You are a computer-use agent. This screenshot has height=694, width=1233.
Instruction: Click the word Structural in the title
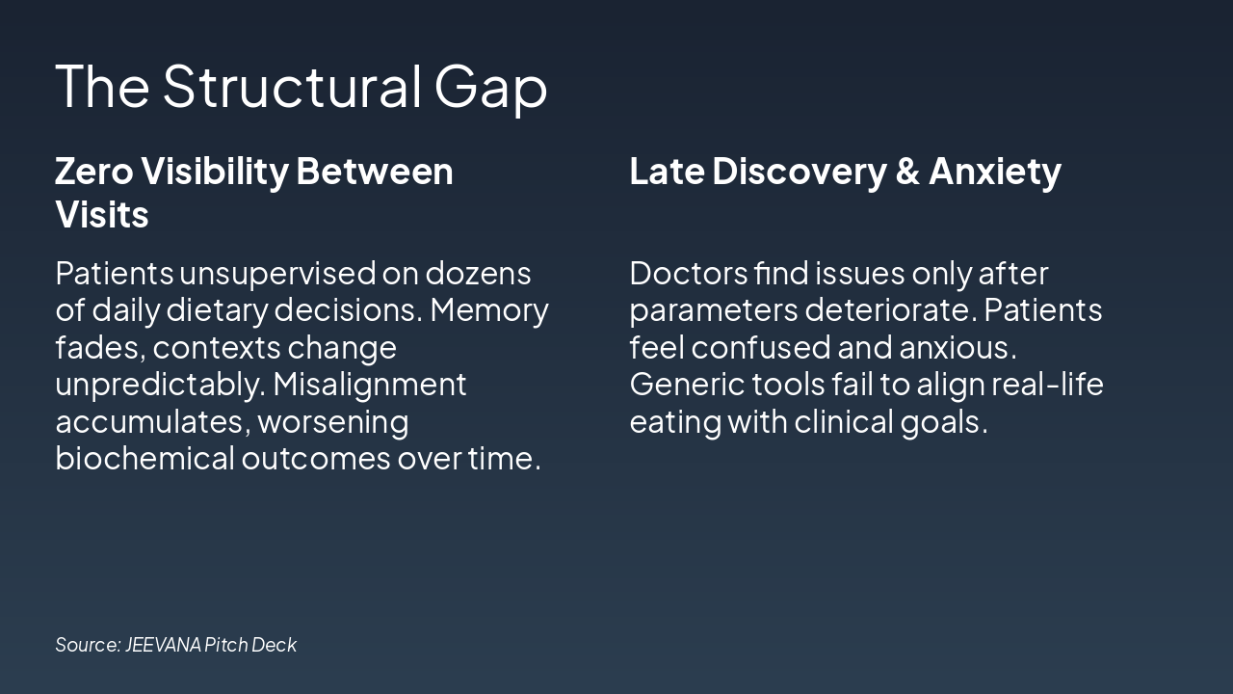tap(292, 86)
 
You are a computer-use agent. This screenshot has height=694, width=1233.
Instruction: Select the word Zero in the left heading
tap(93, 172)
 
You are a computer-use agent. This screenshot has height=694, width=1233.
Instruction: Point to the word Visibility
tap(214, 172)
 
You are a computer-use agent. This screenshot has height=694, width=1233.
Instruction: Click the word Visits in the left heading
tap(102, 214)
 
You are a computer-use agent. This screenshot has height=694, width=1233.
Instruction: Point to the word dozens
tap(478, 274)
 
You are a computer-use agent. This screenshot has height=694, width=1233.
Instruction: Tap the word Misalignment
tap(369, 385)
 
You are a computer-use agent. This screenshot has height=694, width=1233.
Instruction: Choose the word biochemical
tap(144, 458)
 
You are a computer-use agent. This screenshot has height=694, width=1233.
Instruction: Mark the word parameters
tap(714, 310)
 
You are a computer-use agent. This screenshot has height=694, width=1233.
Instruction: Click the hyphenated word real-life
tap(1047, 385)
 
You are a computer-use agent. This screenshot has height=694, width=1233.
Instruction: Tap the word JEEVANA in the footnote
tap(162, 645)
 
